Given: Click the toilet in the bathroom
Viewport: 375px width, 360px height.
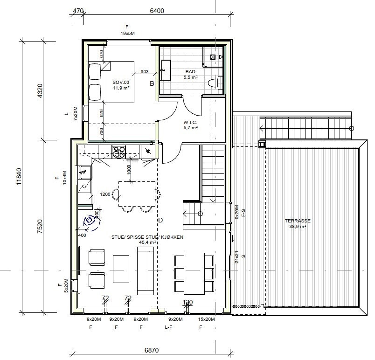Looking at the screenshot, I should (x=214, y=83).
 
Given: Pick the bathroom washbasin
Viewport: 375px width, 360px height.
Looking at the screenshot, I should (x=166, y=70).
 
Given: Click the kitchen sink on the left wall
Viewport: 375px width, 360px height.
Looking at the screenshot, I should (x=84, y=172).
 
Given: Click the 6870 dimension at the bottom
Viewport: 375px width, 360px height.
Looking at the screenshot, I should (x=144, y=349).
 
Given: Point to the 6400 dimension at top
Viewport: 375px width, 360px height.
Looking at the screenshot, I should (x=157, y=11).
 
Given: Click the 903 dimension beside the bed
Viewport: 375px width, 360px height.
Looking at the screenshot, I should (x=144, y=72).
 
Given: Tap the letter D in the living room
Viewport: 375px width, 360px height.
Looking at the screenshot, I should (x=160, y=220).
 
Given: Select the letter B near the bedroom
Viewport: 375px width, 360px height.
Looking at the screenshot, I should (x=152, y=84).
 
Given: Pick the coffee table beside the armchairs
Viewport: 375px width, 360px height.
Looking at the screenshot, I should (x=121, y=269).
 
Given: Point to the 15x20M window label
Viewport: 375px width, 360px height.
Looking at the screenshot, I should (x=206, y=319).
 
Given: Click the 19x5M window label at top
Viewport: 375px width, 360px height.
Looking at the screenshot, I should (x=127, y=34).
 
